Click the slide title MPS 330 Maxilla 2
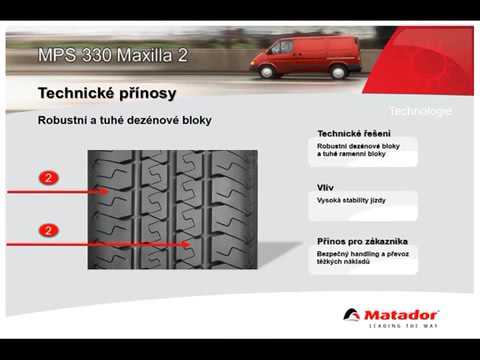(112, 54)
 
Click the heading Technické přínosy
(107, 93)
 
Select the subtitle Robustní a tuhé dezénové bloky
(124, 120)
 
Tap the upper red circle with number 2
(48, 177)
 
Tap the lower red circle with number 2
(48, 230)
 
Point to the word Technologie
(420, 110)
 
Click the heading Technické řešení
(354, 133)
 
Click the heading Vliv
(326, 187)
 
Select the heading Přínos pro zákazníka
(362, 241)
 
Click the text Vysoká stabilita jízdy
(351, 201)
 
